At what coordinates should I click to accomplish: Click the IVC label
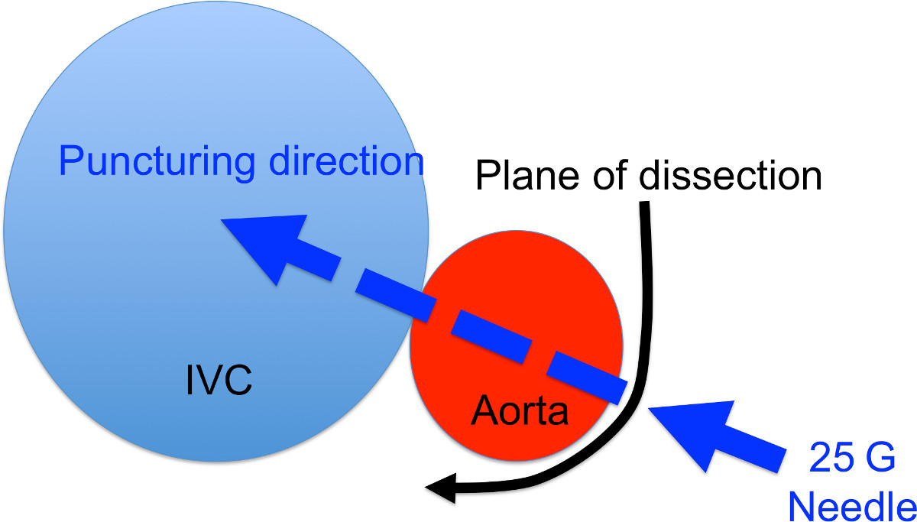(219, 380)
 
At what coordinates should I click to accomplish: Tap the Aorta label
(520, 412)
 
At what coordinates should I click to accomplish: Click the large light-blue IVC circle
(153, 306)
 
